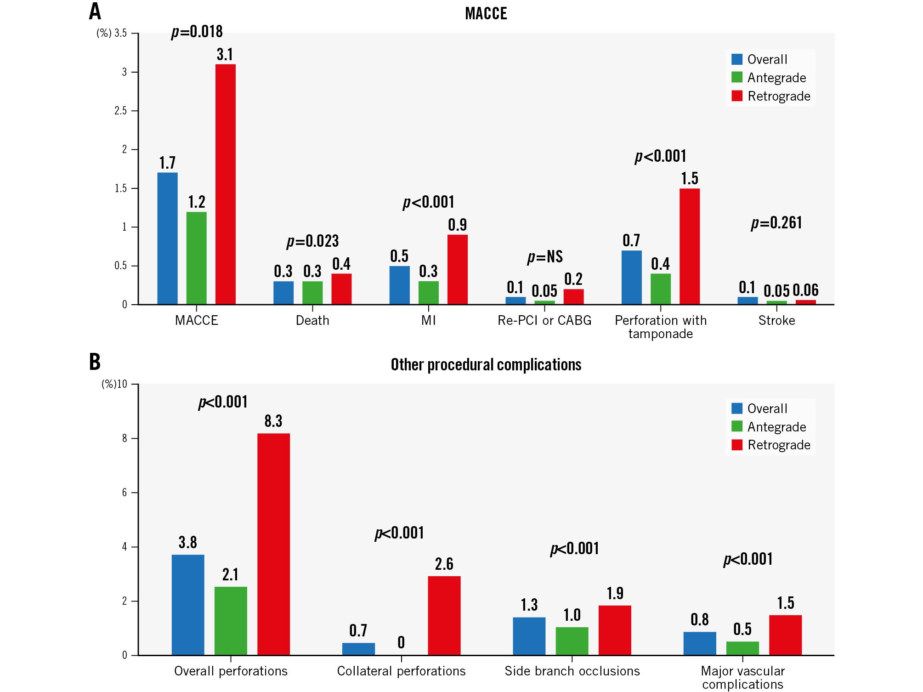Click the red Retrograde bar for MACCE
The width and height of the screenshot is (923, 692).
tap(226, 184)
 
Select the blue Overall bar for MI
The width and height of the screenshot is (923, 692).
tap(399, 285)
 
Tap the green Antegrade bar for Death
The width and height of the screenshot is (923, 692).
tap(312, 293)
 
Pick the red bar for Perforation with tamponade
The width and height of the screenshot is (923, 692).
tap(690, 246)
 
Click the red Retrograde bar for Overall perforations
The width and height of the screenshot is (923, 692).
tap(273, 544)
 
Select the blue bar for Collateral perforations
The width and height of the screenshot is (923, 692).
tap(358, 649)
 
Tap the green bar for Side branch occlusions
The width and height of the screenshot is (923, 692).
tap(572, 641)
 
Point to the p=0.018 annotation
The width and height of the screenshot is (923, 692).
tap(197, 32)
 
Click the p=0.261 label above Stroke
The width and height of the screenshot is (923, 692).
tap(776, 223)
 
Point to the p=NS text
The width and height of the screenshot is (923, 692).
tap(545, 256)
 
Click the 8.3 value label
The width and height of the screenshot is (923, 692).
tap(273, 421)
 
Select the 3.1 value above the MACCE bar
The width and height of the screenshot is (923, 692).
tap(225, 54)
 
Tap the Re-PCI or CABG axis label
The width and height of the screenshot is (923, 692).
tap(544, 320)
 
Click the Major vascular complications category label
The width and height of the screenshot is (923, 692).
tap(742, 677)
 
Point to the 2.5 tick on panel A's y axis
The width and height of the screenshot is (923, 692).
tap(120, 111)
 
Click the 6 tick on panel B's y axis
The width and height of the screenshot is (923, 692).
tap(125, 493)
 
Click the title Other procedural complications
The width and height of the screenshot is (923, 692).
tap(486, 364)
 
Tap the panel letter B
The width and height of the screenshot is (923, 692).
tap(95, 362)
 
